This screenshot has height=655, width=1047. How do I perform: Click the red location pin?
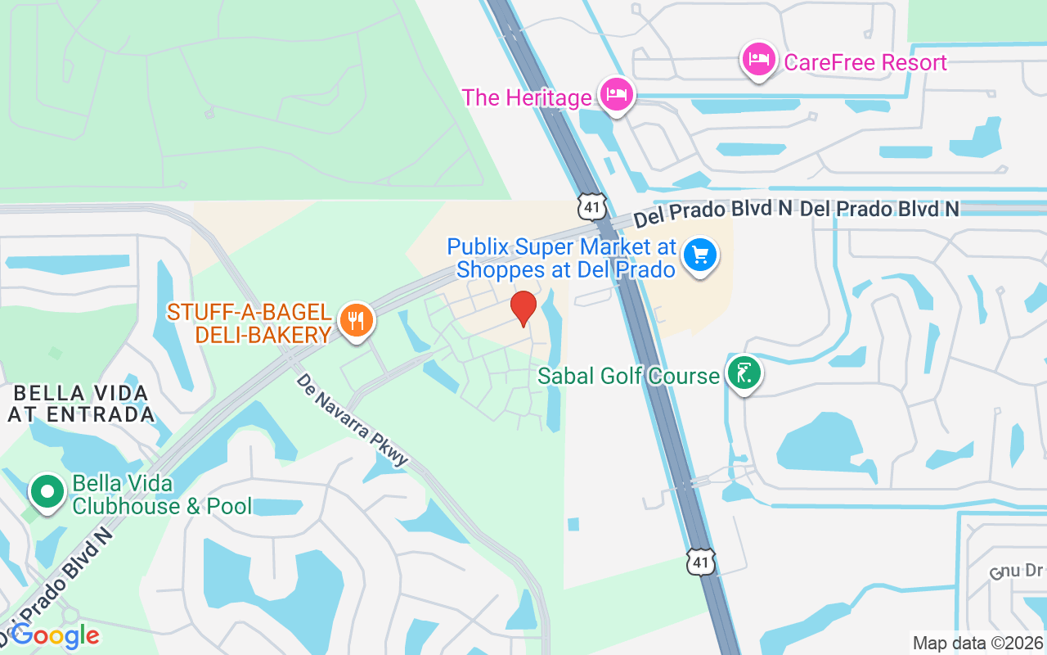coord(523,308)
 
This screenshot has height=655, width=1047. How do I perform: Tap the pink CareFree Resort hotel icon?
coord(759,61)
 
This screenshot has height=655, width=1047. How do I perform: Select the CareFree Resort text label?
coord(865,62)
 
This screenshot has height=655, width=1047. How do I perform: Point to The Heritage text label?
coord(526,97)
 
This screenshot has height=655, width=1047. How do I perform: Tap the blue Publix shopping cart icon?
coord(699,255)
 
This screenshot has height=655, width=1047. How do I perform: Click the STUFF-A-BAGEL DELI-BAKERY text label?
coord(249,323)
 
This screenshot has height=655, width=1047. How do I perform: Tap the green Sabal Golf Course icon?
coord(744,373)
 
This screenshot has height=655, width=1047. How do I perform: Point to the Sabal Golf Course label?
coord(628,376)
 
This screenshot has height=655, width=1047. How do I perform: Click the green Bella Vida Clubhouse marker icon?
coord(47,492)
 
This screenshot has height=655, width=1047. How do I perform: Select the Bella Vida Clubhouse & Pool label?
coord(162,495)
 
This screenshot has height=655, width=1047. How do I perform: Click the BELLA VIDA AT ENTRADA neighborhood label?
coord(80,403)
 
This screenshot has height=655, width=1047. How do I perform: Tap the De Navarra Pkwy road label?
coord(353,420)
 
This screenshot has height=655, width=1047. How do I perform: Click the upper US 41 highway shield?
coord(591,206)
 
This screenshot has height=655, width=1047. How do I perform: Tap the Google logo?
coord(56,635)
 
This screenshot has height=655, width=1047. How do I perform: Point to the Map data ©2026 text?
coord(977,643)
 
